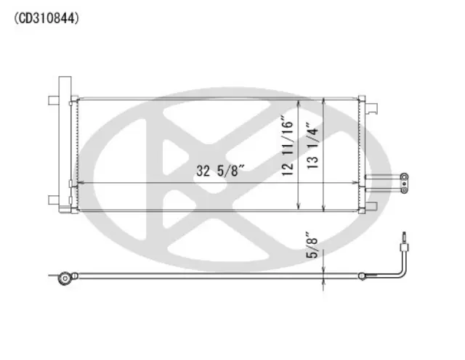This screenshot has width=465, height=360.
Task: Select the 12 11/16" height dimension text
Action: (289, 145)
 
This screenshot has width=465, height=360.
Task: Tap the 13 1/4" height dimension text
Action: (312, 145)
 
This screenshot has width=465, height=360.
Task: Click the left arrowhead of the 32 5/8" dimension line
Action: (79, 181)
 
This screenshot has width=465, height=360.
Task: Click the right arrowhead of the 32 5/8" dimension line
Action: (355, 181)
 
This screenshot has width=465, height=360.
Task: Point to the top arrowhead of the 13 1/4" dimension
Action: (323, 99)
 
